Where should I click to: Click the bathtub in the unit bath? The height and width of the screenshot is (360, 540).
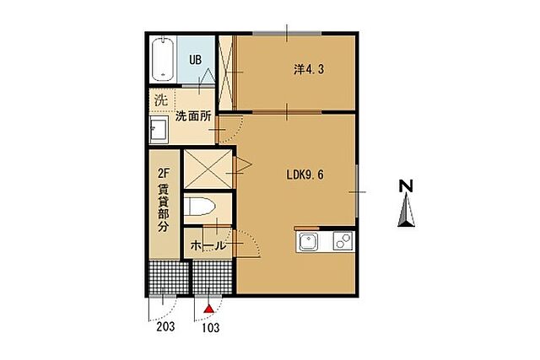163,60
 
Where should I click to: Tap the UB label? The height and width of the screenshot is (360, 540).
195,60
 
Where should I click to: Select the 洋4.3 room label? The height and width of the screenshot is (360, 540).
309,70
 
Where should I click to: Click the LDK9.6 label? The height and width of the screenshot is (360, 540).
305,175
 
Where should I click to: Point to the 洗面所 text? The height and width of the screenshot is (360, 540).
193,116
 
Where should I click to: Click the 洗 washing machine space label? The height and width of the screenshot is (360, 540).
161,99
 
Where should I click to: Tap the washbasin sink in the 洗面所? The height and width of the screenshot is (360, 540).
159,129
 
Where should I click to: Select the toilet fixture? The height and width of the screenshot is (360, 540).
200,207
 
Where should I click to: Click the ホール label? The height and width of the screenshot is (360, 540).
208,245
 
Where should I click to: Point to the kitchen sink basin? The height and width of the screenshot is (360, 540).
308,241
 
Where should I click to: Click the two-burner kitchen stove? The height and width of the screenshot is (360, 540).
343,240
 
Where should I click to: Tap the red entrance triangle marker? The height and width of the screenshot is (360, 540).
208,309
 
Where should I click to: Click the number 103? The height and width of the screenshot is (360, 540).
210,328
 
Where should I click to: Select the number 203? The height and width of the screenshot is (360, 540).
165,326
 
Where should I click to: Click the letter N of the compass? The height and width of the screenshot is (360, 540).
406,186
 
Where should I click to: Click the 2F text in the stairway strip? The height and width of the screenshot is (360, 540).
163,173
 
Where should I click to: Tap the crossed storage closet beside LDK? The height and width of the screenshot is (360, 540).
208,169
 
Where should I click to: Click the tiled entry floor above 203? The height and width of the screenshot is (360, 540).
169,277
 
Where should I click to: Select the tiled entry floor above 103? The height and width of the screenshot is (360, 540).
213,277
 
